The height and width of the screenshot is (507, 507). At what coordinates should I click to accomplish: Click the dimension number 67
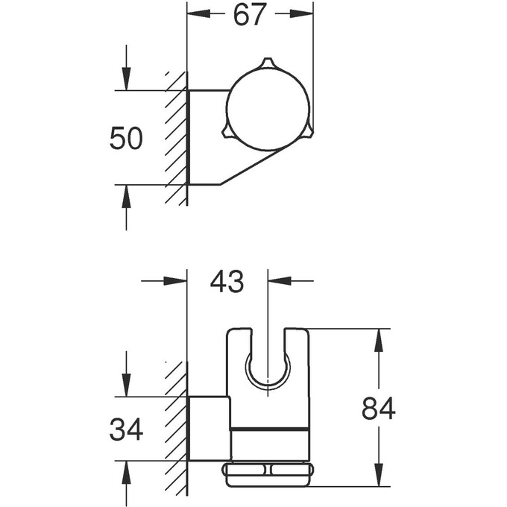(250, 14)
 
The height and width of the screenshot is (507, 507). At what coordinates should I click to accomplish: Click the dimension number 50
(126, 139)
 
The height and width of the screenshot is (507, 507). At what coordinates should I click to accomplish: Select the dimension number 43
(227, 282)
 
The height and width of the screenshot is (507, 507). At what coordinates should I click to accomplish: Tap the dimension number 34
(126, 429)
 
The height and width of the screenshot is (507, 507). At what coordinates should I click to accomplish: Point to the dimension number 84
(378, 409)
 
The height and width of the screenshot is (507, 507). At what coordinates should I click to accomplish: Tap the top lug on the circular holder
(267, 63)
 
